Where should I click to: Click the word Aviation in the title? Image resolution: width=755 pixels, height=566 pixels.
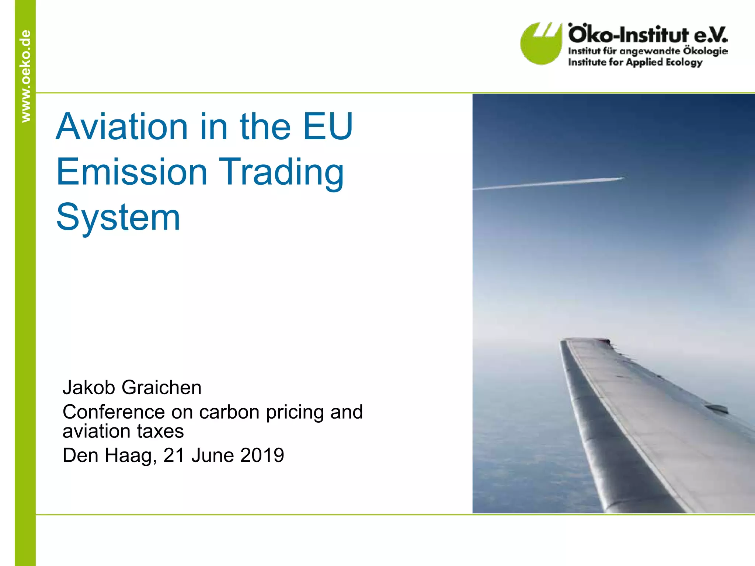[122, 127]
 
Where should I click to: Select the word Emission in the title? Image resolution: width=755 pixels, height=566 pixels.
[132, 172]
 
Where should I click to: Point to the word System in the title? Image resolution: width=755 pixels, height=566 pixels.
[118, 218]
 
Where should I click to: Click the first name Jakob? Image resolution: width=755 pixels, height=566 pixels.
[88, 388]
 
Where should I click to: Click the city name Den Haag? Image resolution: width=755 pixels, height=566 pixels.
[107, 455]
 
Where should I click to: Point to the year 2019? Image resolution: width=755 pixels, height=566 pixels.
[262, 455]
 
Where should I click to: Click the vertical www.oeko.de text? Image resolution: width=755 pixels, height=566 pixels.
[25, 76]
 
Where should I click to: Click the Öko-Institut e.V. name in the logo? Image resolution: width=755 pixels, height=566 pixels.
[647, 35]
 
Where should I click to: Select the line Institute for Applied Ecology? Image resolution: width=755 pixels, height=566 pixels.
[635, 62]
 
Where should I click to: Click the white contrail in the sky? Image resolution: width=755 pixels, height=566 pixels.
[549, 183]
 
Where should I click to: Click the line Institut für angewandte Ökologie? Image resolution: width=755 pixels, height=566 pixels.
[647, 51]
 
